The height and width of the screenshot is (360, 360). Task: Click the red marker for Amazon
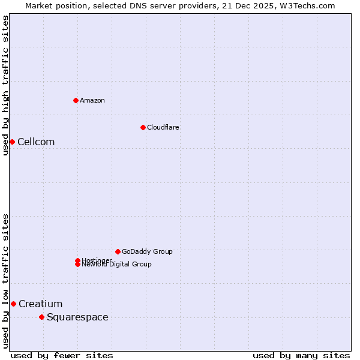click(76, 100)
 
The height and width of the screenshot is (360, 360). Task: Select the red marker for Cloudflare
click(143, 127)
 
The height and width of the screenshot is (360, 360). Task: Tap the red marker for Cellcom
click(12, 142)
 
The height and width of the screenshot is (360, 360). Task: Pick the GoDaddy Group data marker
click(118, 251)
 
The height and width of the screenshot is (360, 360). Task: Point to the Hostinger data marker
click(77, 260)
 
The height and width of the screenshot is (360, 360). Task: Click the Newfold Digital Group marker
click(77, 265)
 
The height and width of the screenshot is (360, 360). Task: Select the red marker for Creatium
click(13, 304)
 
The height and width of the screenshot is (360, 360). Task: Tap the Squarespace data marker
click(41, 317)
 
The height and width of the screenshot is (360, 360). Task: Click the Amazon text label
click(92, 100)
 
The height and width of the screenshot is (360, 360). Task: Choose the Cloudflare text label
click(163, 127)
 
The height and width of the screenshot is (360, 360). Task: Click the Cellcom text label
click(36, 142)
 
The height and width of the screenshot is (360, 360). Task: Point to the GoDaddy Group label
click(147, 251)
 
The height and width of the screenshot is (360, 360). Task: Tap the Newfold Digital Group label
click(117, 265)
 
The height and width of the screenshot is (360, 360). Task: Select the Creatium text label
click(40, 304)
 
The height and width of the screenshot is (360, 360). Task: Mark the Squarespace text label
click(77, 317)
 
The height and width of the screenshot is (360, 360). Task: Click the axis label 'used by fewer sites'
click(62, 355)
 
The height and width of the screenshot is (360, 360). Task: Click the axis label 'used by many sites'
click(301, 355)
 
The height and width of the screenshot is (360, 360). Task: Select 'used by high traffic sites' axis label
click(5, 85)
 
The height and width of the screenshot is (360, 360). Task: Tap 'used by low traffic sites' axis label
click(5, 281)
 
